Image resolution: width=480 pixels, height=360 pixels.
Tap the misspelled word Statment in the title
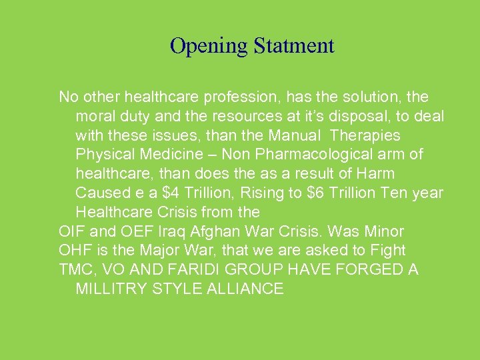[x=293, y=46]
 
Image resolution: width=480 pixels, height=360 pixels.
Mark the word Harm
[x=376, y=174]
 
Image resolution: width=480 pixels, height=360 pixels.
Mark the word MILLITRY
[x=115, y=289]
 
